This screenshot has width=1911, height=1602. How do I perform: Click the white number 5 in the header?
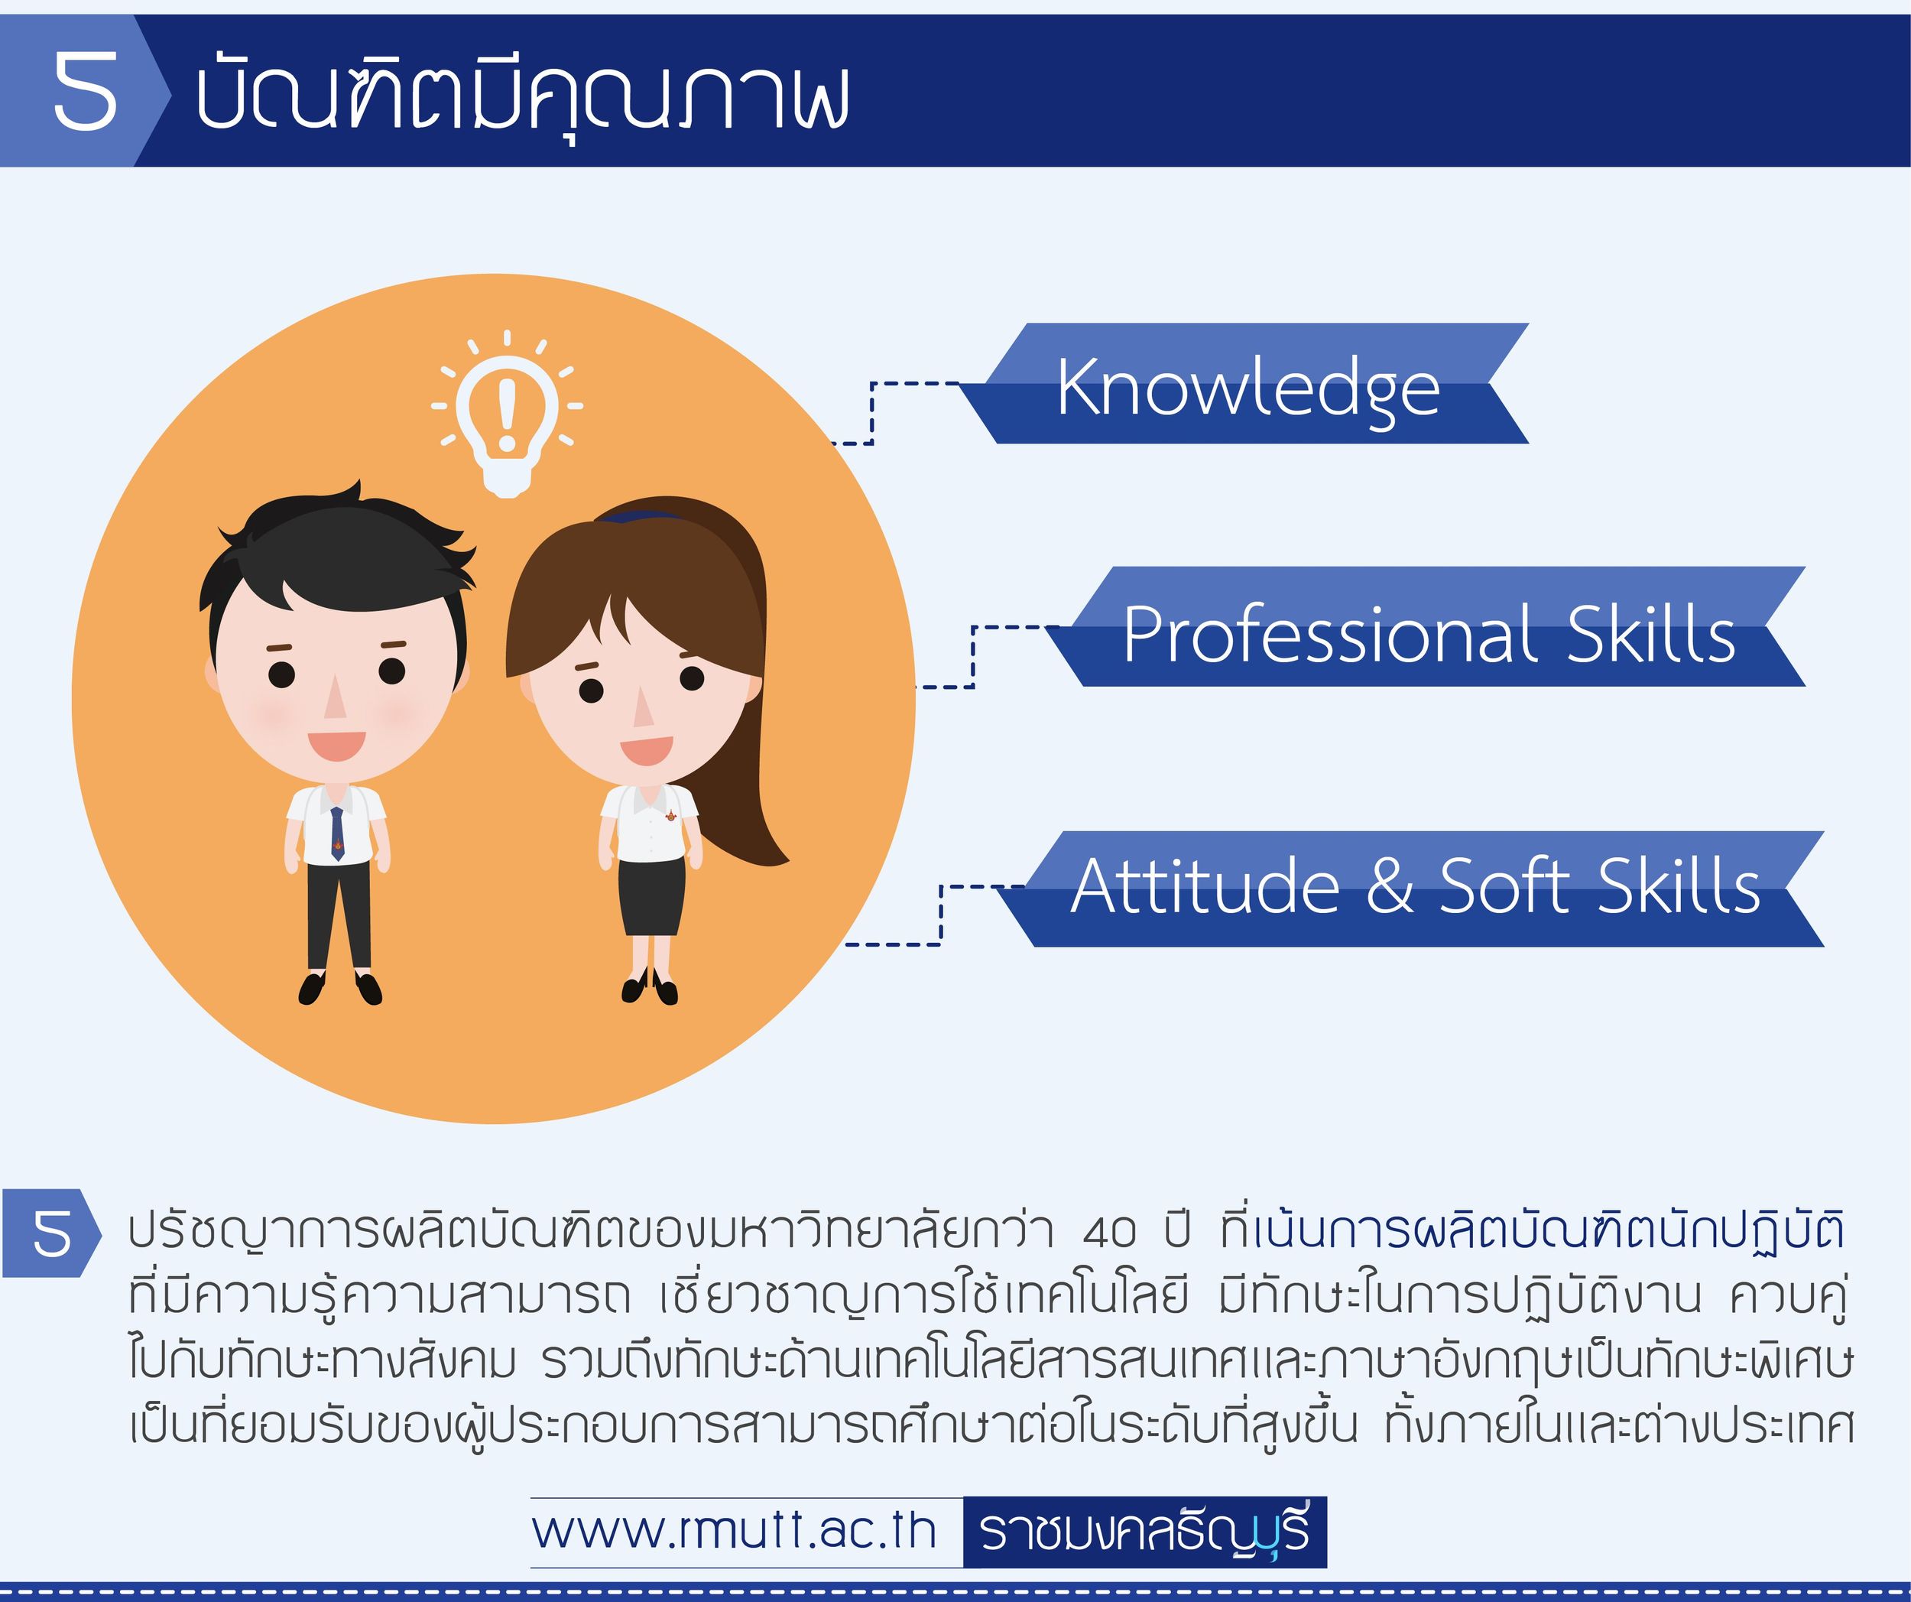(86, 90)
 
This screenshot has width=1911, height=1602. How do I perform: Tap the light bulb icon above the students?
(507, 415)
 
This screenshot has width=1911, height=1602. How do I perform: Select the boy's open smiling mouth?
(336, 745)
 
